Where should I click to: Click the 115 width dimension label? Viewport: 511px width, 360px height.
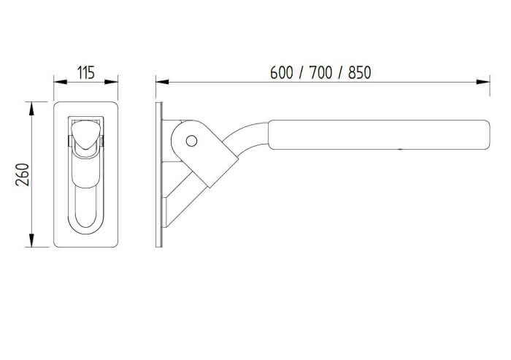coord(86,72)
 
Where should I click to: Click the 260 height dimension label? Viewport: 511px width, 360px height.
coord(23,175)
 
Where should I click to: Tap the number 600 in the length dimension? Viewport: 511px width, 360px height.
coord(282,72)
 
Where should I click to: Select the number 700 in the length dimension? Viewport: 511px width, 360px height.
coord(320,72)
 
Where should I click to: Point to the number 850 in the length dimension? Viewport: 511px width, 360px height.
coord(359,72)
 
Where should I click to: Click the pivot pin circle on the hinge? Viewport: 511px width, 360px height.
coord(191,141)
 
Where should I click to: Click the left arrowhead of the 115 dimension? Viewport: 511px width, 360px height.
coord(61,82)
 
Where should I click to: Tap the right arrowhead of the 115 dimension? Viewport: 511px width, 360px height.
coord(111,82)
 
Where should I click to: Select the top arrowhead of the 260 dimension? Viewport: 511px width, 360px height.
coord(31,109)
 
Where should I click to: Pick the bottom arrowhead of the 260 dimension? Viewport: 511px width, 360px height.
coord(31,240)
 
